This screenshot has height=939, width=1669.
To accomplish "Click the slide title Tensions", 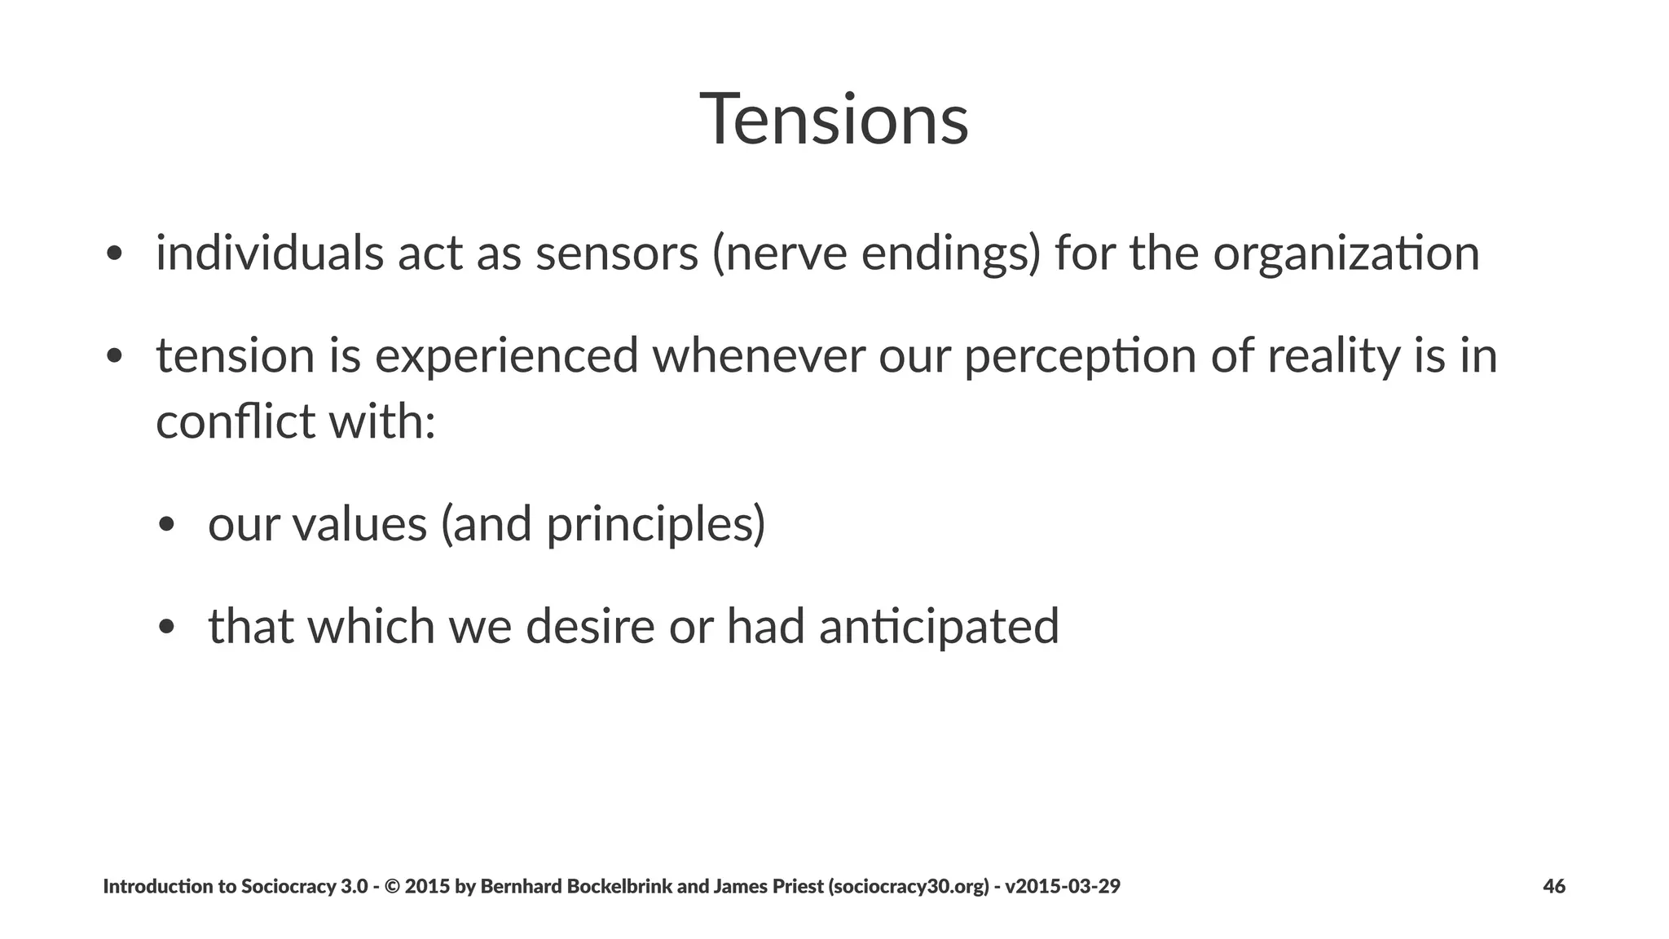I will (834, 120).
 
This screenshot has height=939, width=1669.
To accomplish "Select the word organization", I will (1345, 254).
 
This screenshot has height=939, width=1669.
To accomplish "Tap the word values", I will (359, 523).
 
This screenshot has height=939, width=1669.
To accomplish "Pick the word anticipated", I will (938, 627).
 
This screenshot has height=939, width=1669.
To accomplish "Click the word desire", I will (590, 626).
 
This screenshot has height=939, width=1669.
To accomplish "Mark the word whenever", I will (759, 356).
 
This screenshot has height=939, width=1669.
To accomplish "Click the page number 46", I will (1553, 886).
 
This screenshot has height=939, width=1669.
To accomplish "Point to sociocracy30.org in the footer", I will (909, 887).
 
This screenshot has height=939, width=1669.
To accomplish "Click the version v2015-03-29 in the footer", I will (1062, 886).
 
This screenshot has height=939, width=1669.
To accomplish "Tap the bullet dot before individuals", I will (114, 253).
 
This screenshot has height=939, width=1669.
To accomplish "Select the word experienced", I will (506, 357).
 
